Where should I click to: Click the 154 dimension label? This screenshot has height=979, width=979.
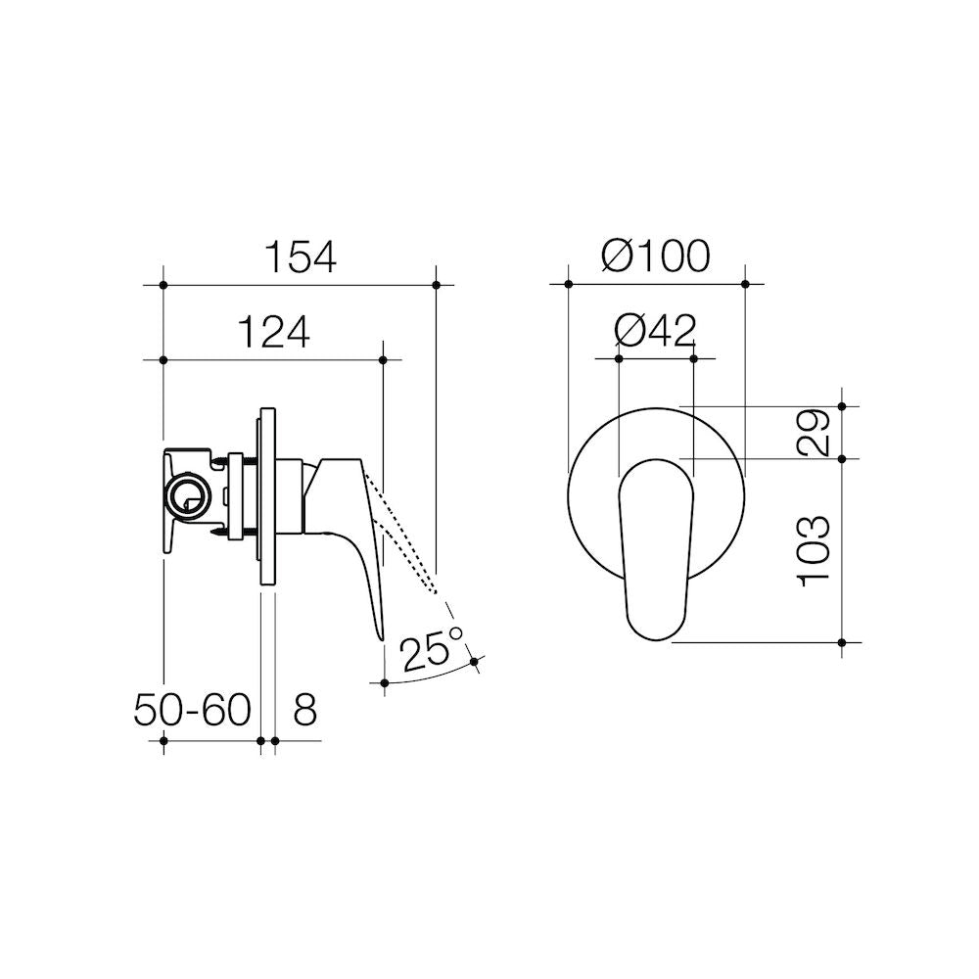(301, 256)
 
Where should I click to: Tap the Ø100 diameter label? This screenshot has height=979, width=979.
(656, 256)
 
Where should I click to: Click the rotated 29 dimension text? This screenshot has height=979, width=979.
(814, 433)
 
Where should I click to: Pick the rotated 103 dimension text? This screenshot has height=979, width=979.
(814, 551)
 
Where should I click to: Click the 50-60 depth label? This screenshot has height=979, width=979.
(192, 710)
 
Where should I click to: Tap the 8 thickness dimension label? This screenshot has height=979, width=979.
(304, 710)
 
